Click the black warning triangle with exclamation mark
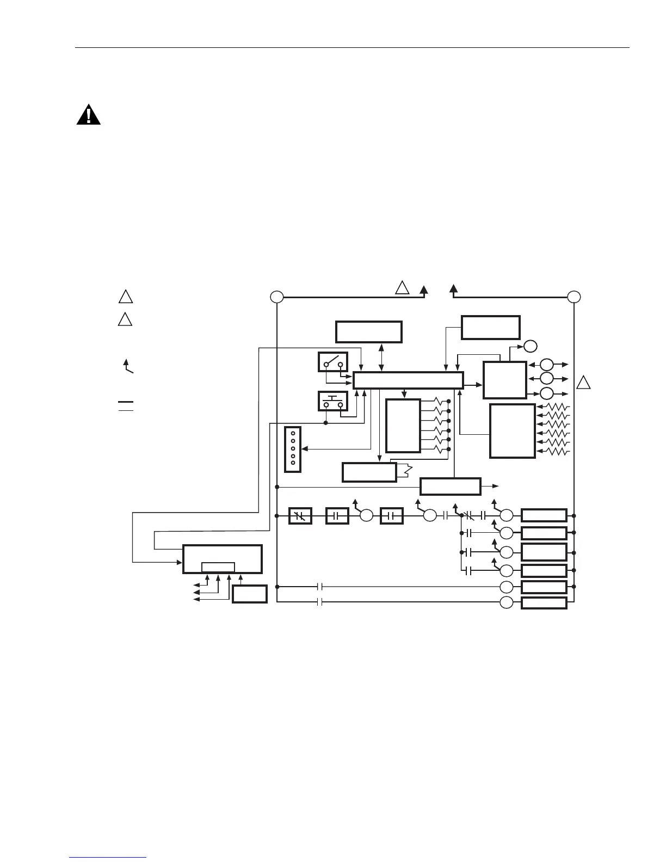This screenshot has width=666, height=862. coord(88,115)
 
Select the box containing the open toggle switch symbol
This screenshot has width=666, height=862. coord(333,362)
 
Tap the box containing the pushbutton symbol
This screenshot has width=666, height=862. coord(333,402)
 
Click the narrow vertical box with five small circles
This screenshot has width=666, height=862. coord(293,449)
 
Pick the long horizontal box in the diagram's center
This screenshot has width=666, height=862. coord(408,380)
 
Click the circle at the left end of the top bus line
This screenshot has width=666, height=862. coord(277,297)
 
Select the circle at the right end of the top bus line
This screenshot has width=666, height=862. coord(574,297)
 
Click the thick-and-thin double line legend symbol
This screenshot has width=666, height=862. coord(126,405)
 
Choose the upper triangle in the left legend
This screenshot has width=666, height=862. coord(126,297)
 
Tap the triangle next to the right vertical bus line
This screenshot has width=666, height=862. coord(583,383)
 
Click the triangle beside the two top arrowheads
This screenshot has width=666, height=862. coord(402,288)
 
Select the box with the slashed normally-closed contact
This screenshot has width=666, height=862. coord(300,515)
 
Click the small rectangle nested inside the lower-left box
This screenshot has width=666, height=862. coord(218,567)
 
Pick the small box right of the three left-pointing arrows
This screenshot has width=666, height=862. coord(250,594)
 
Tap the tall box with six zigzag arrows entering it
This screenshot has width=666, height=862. coord(512,431)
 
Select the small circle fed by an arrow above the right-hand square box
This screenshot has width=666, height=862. coord(531,346)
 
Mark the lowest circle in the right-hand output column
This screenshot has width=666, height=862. coord(507,602)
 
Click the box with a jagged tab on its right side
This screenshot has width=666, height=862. coord(369,472)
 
